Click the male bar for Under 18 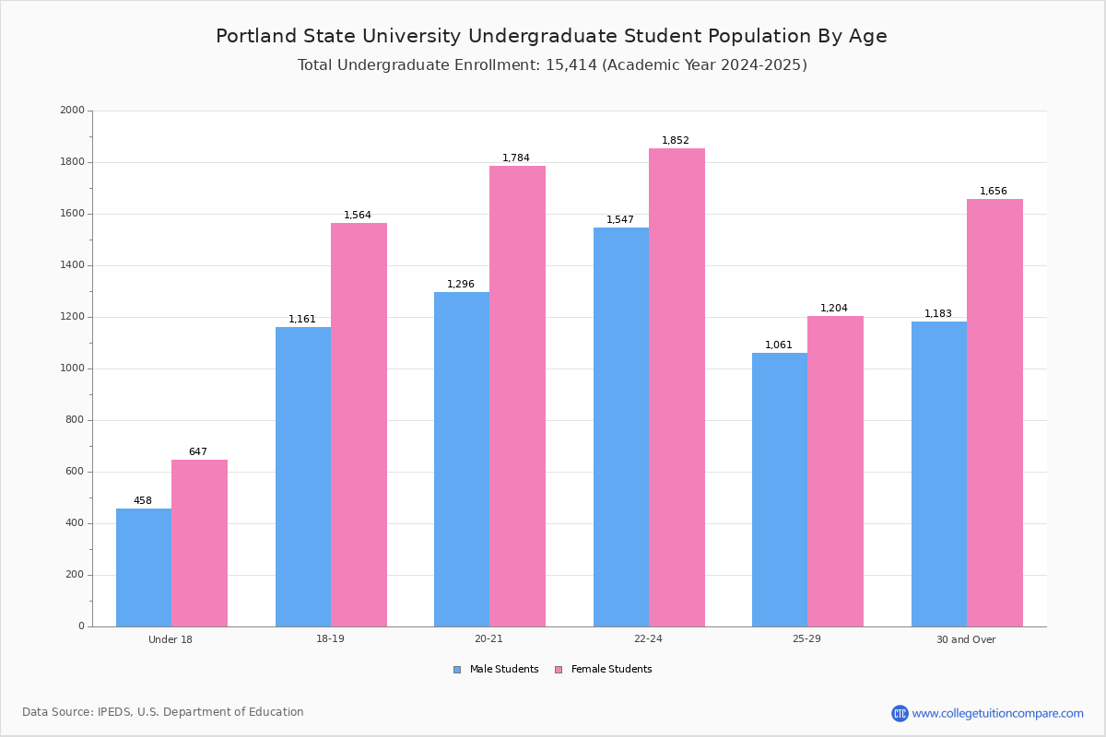144,567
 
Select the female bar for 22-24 677,388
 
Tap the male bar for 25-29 780,490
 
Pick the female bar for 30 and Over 994,413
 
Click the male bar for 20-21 462,460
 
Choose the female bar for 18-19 359,425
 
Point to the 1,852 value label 675,140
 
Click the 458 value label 143,500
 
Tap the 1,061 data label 779,345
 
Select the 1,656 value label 993,191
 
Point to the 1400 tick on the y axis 73,265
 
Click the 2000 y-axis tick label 73,110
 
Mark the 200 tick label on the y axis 75,575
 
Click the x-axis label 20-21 488,638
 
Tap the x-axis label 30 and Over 966,639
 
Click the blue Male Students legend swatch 457,670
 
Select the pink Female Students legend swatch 559,670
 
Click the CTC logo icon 900,713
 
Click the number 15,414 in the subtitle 571,65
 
